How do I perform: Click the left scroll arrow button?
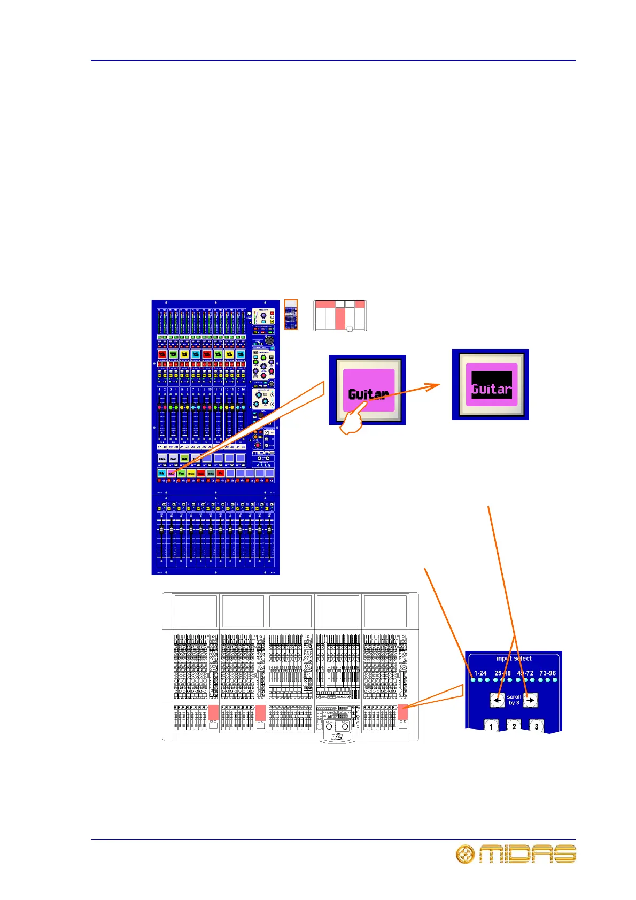[497, 700]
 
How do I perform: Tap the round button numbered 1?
[491, 726]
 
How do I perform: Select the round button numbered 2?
[514, 726]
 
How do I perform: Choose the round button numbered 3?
[537, 726]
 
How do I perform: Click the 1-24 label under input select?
[480, 673]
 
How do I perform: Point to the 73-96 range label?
[547, 673]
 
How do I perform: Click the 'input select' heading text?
[514, 658]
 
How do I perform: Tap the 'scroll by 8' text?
[514, 700]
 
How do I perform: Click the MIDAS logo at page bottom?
[516, 854]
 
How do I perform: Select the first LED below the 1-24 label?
[472, 680]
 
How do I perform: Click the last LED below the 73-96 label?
[555, 680]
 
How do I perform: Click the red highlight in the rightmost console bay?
[403, 712]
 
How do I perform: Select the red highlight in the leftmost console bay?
[213, 712]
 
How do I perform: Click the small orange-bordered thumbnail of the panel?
[291, 315]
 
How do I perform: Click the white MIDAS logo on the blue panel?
[263, 452]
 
